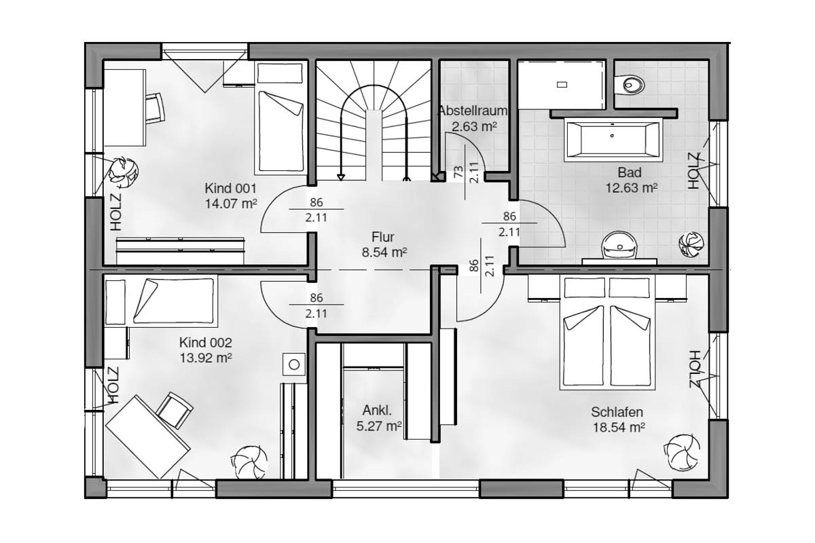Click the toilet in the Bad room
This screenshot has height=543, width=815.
630,85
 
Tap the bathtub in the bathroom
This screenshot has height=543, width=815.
612,139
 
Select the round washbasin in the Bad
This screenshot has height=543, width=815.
619,245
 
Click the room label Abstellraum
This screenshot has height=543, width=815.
472,111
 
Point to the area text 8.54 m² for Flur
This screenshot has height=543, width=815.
384,252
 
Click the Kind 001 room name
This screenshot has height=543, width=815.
231,189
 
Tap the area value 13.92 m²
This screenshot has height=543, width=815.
206,358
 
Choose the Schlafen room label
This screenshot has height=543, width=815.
617,412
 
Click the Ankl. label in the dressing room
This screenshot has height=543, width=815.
377,410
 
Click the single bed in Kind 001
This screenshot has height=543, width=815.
280,117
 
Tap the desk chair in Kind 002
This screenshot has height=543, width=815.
175,410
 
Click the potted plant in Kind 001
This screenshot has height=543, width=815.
123,170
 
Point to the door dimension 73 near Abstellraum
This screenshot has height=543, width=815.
458,171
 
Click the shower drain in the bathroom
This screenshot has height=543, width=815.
562,85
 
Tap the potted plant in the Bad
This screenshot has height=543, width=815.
691,243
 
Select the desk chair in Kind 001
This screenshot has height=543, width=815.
156,108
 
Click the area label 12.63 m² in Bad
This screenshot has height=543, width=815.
632,188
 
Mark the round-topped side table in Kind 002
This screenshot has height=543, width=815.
294,364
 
